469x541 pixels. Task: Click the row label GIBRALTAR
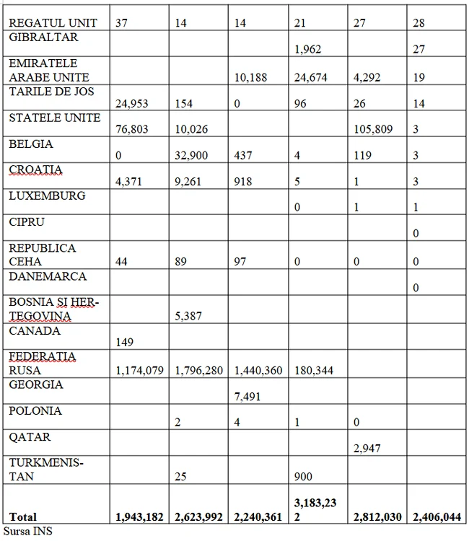[43, 37]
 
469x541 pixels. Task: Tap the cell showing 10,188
[251, 78]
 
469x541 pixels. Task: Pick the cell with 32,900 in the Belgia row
[192, 156]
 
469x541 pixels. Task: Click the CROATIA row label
[35, 170]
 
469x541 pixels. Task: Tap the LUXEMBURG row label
[47, 195]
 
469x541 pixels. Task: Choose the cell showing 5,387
[189, 315]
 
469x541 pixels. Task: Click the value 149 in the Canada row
[126, 343]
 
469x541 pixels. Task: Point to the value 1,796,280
[202, 371]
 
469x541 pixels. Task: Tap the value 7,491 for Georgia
[248, 397]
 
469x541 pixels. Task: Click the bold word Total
[22, 517]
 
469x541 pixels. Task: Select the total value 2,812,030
[377, 517]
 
